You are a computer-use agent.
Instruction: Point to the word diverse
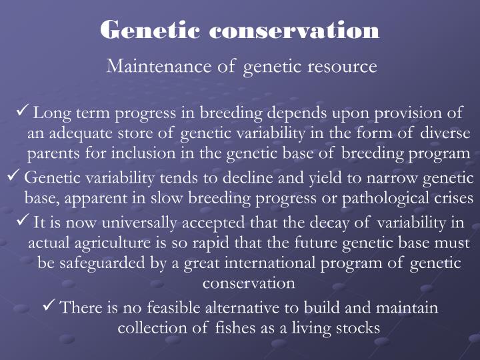445,133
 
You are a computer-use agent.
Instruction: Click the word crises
454,198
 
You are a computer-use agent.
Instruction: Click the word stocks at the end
358,328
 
